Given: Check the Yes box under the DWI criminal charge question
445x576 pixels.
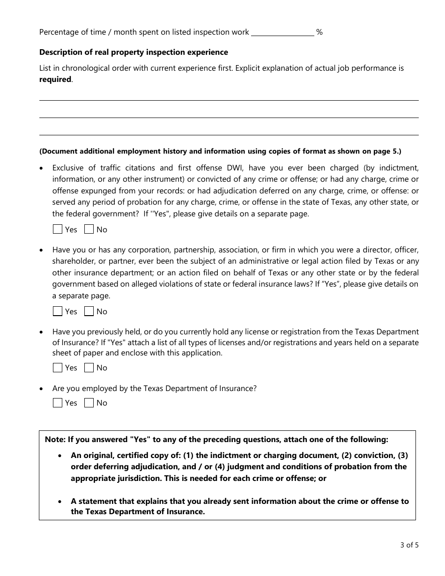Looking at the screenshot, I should click(x=58, y=229).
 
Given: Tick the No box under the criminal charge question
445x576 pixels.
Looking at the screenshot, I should click(x=89, y=229).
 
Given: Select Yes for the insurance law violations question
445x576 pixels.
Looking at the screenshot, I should click(x=58, y=311).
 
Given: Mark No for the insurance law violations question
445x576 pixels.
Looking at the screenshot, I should click(x=89, y=311).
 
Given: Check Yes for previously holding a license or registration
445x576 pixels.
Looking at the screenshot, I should click(x=58, y=368).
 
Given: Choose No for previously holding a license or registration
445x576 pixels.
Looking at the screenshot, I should click(x=89, y=368).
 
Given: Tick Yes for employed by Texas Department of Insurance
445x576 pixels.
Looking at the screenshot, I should click(x=58, y=403).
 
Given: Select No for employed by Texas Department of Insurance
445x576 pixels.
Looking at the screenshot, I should click(x=89, y=403).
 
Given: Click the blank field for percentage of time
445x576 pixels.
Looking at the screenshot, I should click(x=282, y=32).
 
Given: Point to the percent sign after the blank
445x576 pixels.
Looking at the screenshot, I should click(x=319, y=32).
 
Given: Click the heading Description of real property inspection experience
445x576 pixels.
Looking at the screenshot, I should click(x=133, y=52).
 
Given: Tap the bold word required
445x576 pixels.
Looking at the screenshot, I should click(x=55, y=80).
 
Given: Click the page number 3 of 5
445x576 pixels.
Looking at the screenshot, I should click(x=409, y=545).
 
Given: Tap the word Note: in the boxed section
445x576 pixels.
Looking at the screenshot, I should click(x=55, y=439).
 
